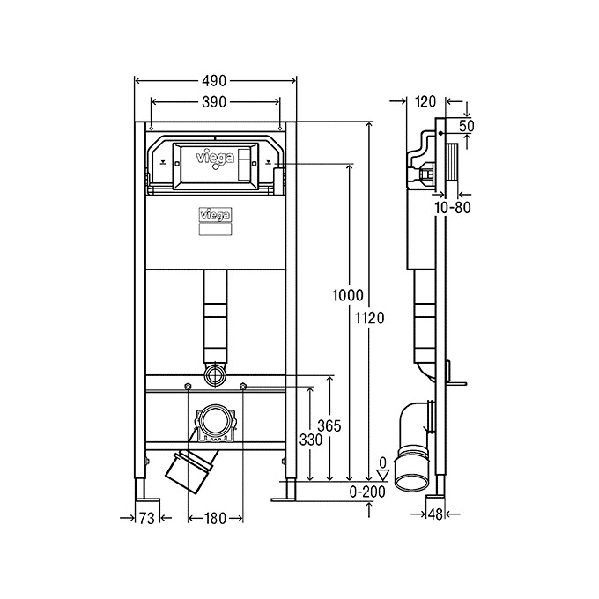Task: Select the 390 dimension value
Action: coord(215,102)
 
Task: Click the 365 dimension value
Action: coord(329,426)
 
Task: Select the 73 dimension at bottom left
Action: coord(147,519)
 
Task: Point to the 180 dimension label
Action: coord(216,519)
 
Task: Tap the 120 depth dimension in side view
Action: coord(425,101)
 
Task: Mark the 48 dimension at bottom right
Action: coord(435,514)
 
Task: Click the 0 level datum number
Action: coord(381,462)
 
